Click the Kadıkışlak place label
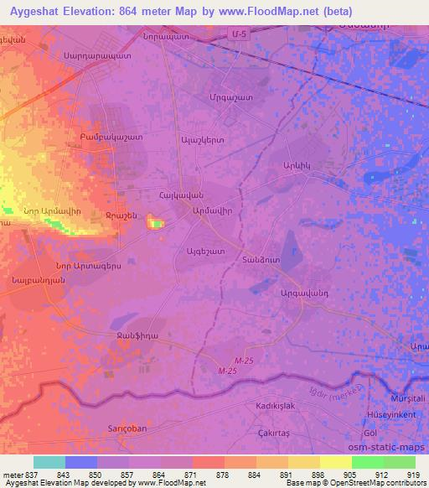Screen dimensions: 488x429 272,404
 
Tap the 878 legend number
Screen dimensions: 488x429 224,475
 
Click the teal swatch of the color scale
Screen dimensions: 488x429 49,462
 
